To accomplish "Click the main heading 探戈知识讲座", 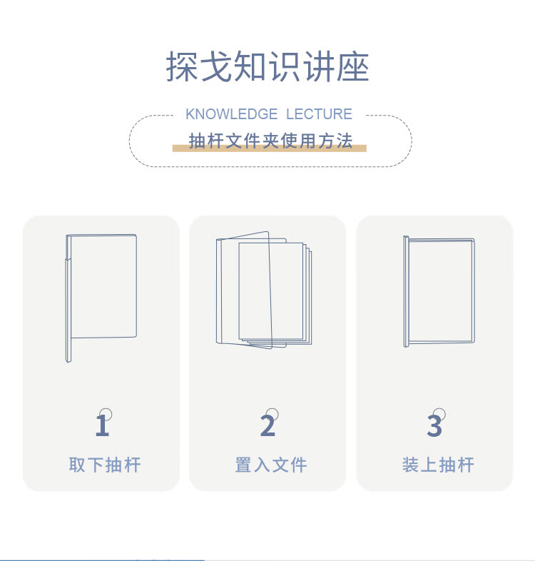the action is click(x=267, y=66).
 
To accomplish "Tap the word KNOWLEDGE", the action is click(x=231, y=114).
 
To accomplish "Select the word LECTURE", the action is click(x=319, y=114).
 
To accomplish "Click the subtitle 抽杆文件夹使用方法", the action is click(x=270, y=141).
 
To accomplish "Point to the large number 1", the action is click(x=102, y=425).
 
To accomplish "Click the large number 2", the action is click(x=268, y=425).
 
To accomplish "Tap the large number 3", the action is click(x=434, y=425).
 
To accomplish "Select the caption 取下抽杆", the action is click(x=105, y=465).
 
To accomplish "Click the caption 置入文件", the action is click(x=271, y=465).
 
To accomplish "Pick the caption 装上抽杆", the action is click(x=438, y=465).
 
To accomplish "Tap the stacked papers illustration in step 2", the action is click(x=264, y=290).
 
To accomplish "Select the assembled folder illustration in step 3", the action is click(x=439, y=291).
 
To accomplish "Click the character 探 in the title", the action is click(x=182, y=66).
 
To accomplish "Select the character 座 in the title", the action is click(x=352, y=66).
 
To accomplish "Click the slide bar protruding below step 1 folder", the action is click(x=68, y=350).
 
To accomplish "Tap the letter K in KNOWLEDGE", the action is click(x=190, y=114).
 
